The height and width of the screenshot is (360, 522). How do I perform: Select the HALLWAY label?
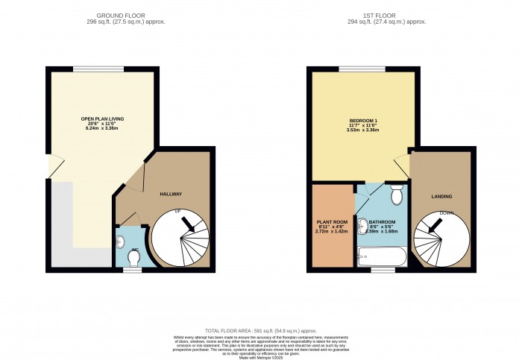(x=171, y=194)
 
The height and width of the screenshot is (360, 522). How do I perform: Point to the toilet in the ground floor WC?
(x=133, y=257)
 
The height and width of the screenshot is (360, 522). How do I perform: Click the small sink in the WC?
(x=120, y=241)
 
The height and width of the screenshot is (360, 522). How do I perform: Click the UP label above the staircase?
(x=177, y=212)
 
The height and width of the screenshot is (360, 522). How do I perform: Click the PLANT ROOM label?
(x=331, y=221)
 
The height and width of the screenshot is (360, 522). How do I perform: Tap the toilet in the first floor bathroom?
(x=397, y=194)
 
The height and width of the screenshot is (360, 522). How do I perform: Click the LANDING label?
(x=441, y=196)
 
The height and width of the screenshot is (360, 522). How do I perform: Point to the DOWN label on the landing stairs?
(x=447, y=213)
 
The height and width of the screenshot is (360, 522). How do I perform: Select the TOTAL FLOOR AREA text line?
(x=260, y=330)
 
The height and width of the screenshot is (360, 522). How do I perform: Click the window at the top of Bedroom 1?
(x=354, y=69)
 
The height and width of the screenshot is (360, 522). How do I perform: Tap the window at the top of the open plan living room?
(x=93, y=69)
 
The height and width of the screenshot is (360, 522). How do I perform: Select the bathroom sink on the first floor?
(x=362, y=225)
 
